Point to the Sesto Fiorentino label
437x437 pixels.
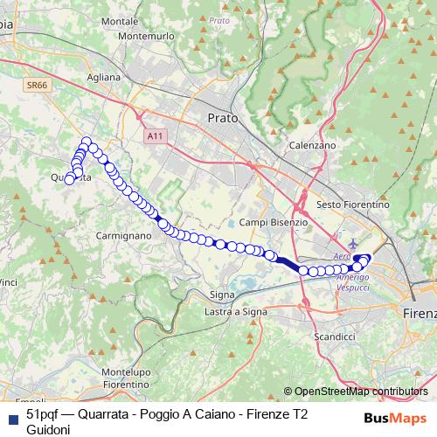(351, 204)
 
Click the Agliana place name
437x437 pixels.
(103, 77)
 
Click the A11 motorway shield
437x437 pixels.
(155, 136)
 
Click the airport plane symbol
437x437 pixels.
(352, 243)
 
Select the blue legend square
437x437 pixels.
(11, 417)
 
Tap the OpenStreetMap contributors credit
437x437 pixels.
(361, 392)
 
